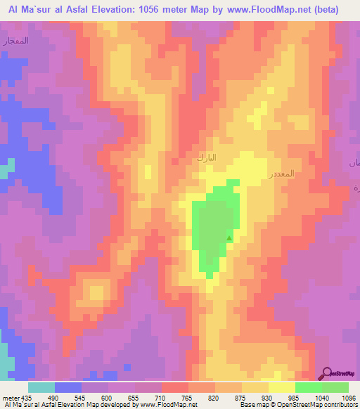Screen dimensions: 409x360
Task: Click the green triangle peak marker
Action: click(x=229, y=238)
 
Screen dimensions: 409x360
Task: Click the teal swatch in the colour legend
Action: click(x=41, y=387)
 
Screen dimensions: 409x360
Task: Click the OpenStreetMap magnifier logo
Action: click(x=328, y=373)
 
